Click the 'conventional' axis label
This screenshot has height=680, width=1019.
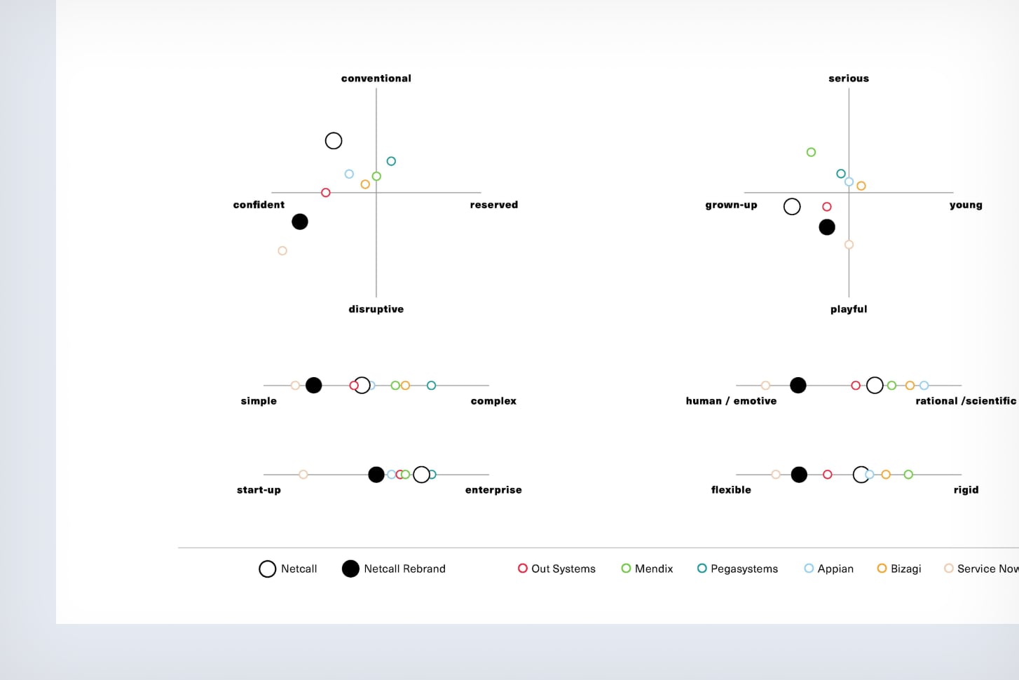pos(376,79)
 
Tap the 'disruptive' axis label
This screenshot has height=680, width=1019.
pos(376,309)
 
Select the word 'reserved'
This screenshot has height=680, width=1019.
pos(493,205)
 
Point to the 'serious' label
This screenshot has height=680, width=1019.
pos(849,79)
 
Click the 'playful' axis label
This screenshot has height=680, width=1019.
pos(849,309)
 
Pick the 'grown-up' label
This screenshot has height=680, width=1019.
pos(731,205)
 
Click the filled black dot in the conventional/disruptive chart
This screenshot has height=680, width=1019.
pos(300,222)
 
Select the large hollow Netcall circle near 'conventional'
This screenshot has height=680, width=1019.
pos(334,141)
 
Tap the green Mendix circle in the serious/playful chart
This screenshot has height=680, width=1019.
pos(811,152)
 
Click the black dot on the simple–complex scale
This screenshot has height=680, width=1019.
pos(313,385)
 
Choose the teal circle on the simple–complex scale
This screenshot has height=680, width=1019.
pos(431,386)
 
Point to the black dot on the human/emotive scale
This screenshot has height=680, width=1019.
pos(798,385)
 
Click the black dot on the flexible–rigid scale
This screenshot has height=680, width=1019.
pos(799,475)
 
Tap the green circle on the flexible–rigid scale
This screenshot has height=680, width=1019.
pos(908,475)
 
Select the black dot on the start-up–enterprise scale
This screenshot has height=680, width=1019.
pos(376,475)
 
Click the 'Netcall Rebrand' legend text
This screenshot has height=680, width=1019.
pos(404,569)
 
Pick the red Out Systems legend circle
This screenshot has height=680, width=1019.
pos(522,568)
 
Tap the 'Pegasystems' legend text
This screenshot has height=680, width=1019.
pos(744,569)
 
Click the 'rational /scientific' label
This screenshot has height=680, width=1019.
pos(965,401)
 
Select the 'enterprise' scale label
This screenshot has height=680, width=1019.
pos(493,490)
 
